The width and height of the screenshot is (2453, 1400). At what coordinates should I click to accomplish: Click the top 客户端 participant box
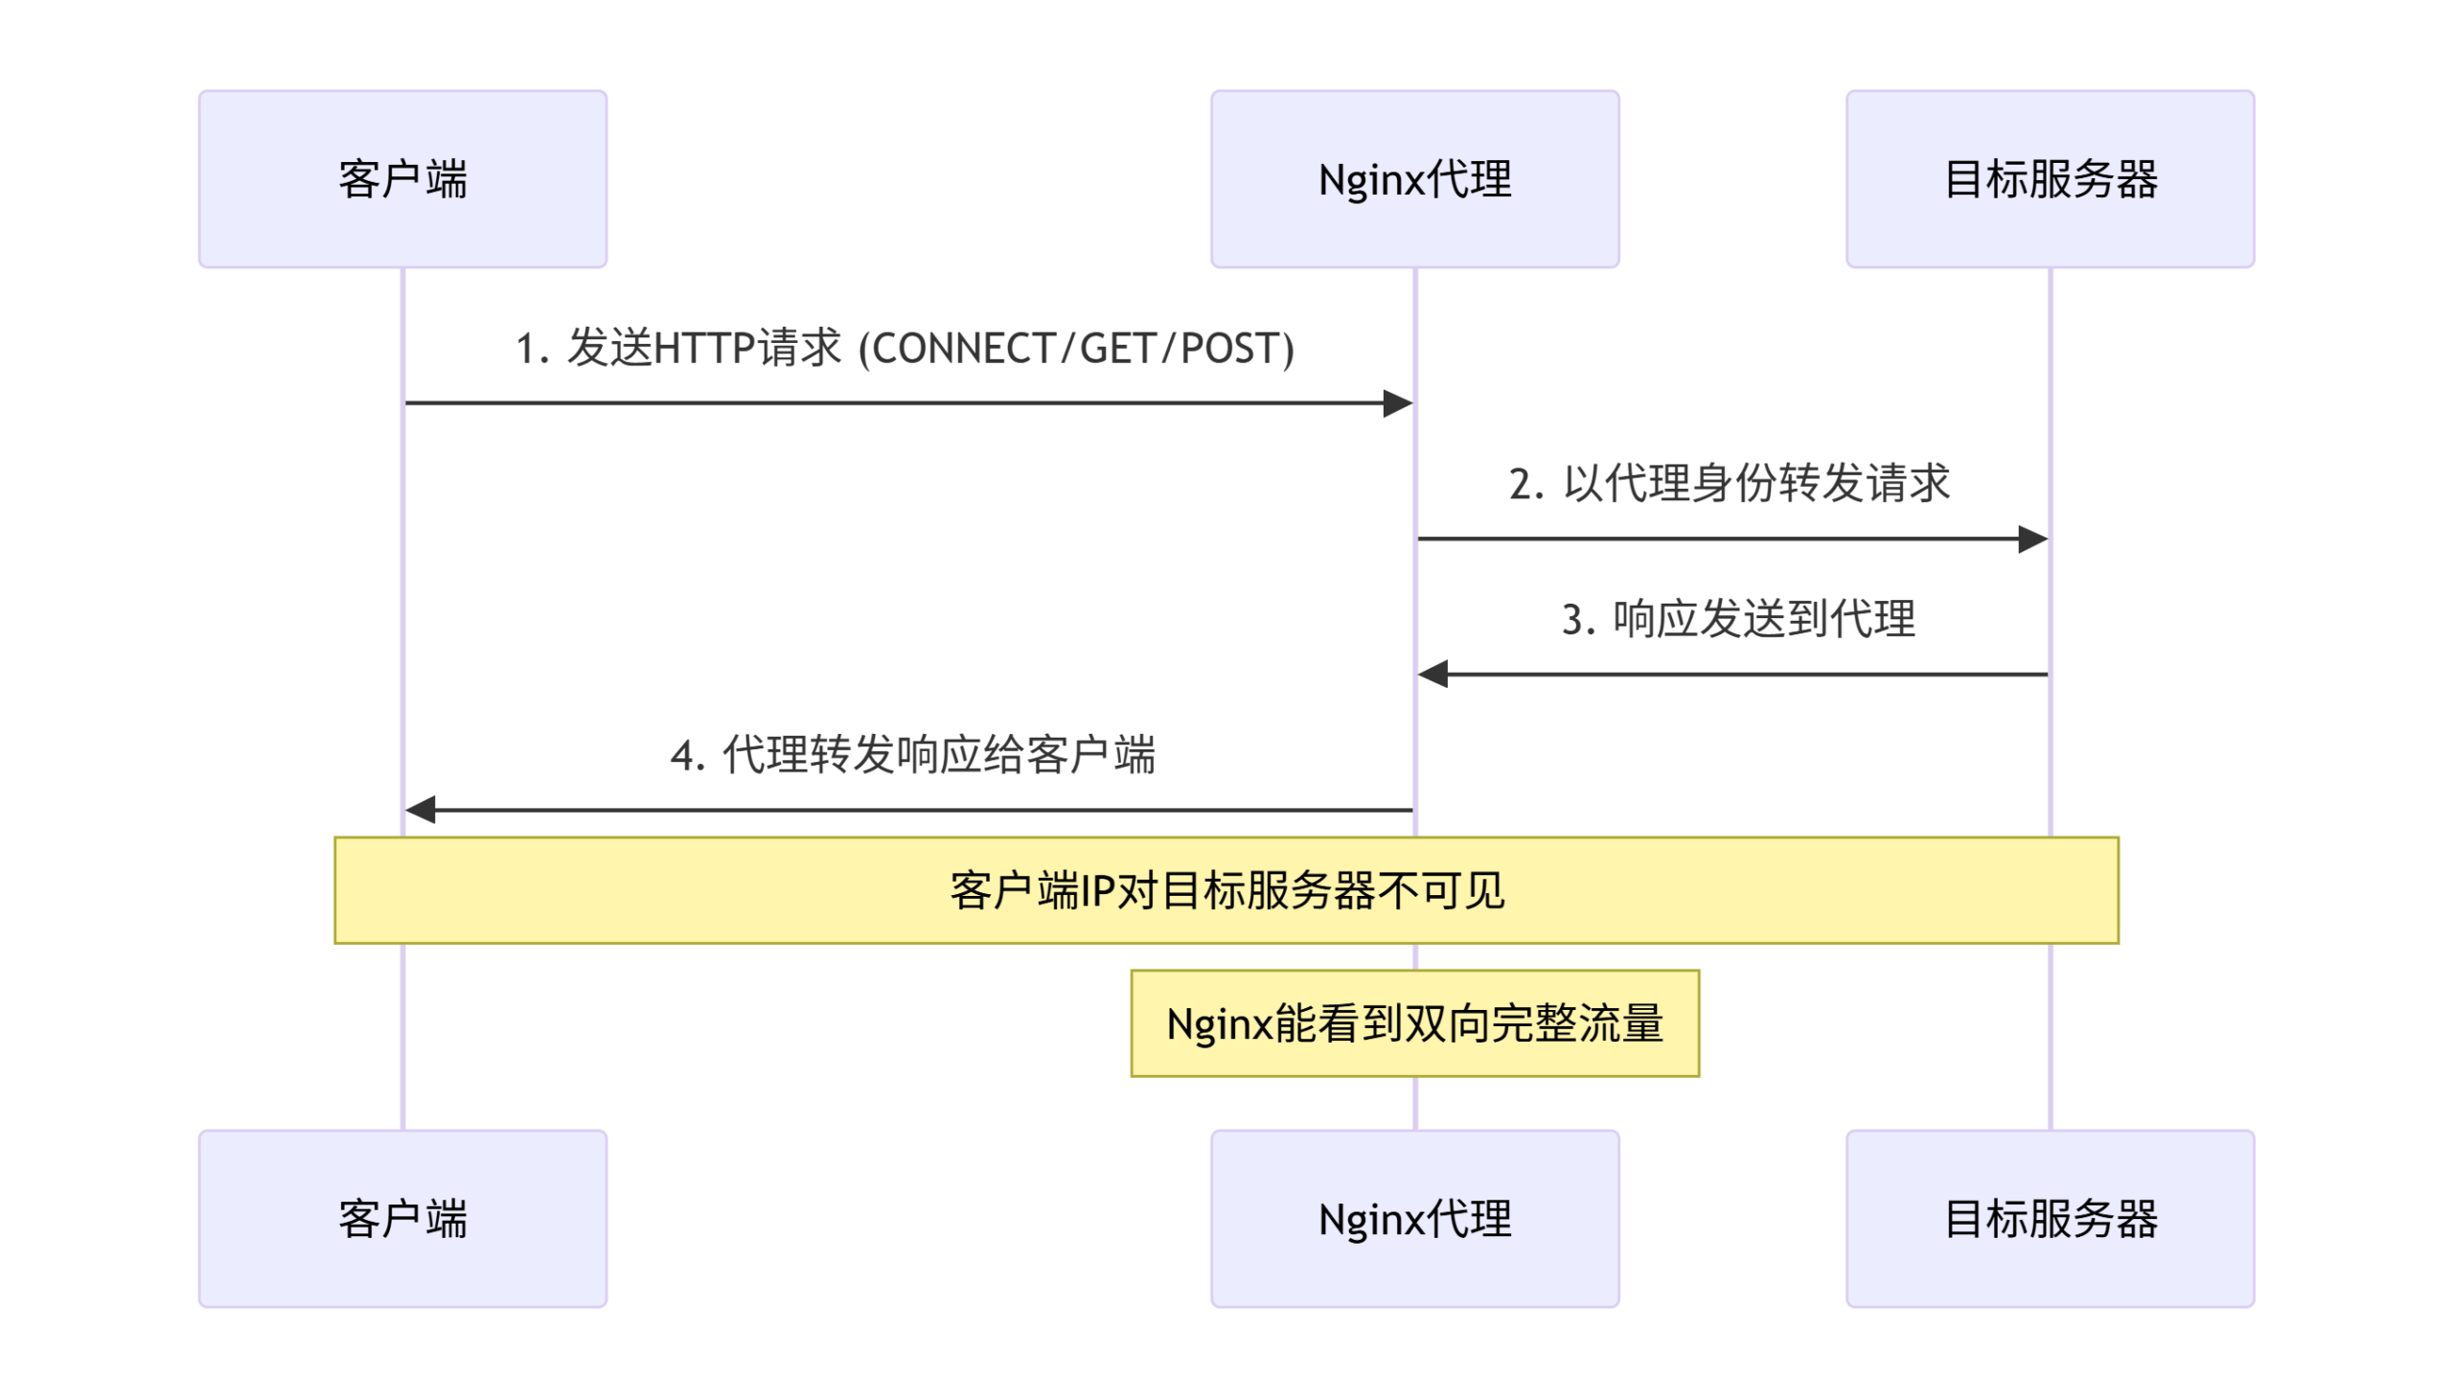[401, 179]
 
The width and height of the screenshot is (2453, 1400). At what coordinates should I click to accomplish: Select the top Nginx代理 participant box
[1414, 179]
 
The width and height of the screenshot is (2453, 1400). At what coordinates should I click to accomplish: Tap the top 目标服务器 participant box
[2050, 179]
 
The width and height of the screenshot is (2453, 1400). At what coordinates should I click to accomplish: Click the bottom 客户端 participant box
[401, 1218]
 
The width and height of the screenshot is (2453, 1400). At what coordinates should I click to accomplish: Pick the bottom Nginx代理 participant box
[1414, 1218]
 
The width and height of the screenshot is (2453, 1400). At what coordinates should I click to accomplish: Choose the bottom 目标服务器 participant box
[2050, 1218]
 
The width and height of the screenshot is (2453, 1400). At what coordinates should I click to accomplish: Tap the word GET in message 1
[1117, 348]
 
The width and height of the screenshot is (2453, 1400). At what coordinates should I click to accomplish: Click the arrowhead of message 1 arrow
[1399, 403]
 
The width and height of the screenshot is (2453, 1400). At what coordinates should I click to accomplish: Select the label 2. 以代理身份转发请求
[1729, 483]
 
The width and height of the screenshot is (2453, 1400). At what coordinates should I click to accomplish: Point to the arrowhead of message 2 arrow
[2033, 539]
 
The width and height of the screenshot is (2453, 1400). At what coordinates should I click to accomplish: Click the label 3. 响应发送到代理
[1738, 618]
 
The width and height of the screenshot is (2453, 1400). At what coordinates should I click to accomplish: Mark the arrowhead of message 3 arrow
[1433, 675]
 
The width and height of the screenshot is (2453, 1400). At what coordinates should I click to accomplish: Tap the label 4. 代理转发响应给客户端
[912, 755]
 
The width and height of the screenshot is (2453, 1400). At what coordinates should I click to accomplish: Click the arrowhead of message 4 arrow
[421, 811]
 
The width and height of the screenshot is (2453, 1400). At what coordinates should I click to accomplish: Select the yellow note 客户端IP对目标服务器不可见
[1226, 890]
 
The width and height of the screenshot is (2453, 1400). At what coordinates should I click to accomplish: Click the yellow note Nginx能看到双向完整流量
[1414, 1023]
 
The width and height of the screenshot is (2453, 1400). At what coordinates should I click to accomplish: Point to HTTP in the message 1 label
[703, 348]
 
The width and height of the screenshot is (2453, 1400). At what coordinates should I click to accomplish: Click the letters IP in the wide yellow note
[1098, 890]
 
